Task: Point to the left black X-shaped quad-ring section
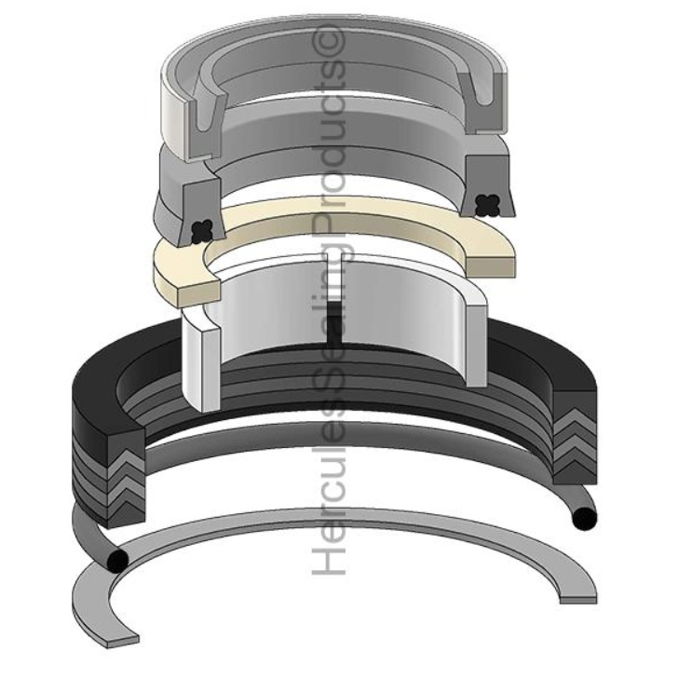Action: pyautogui.click(x=198, y=227)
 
